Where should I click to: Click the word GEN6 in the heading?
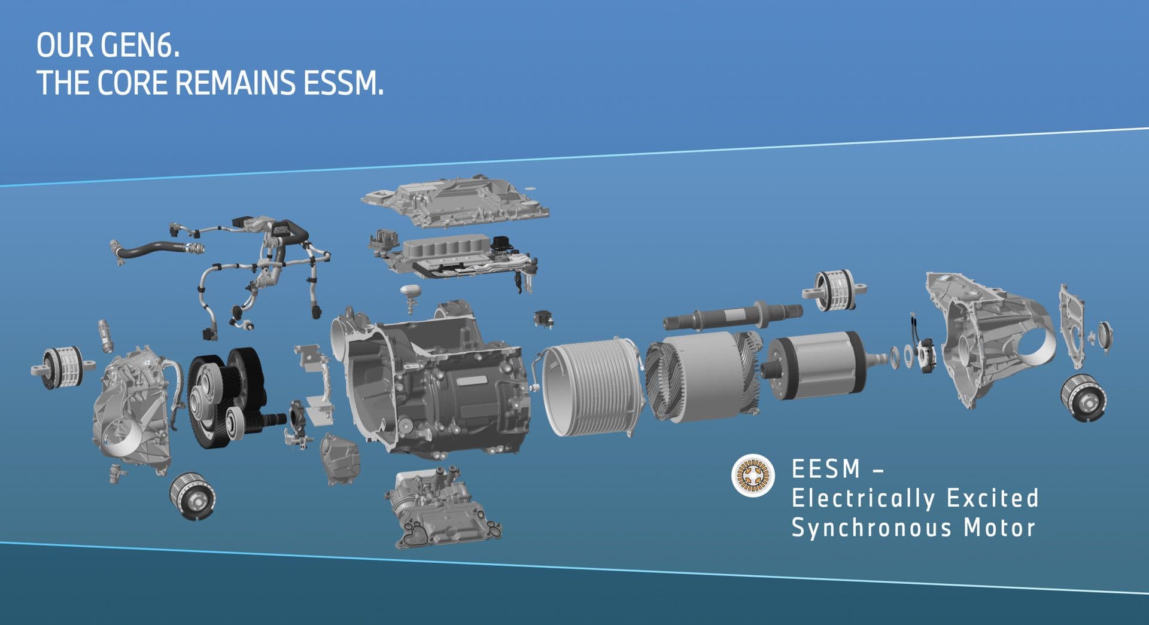click(x=140, y=45)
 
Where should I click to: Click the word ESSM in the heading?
click(x=343, y=83)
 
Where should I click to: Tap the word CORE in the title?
click(x=133, y=83)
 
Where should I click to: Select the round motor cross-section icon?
click(x=753, y=476)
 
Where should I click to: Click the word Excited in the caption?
click(x=993, y=498)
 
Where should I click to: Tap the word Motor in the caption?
click(x=999, y=528)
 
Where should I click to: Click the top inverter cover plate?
click(x=455, y=200)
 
